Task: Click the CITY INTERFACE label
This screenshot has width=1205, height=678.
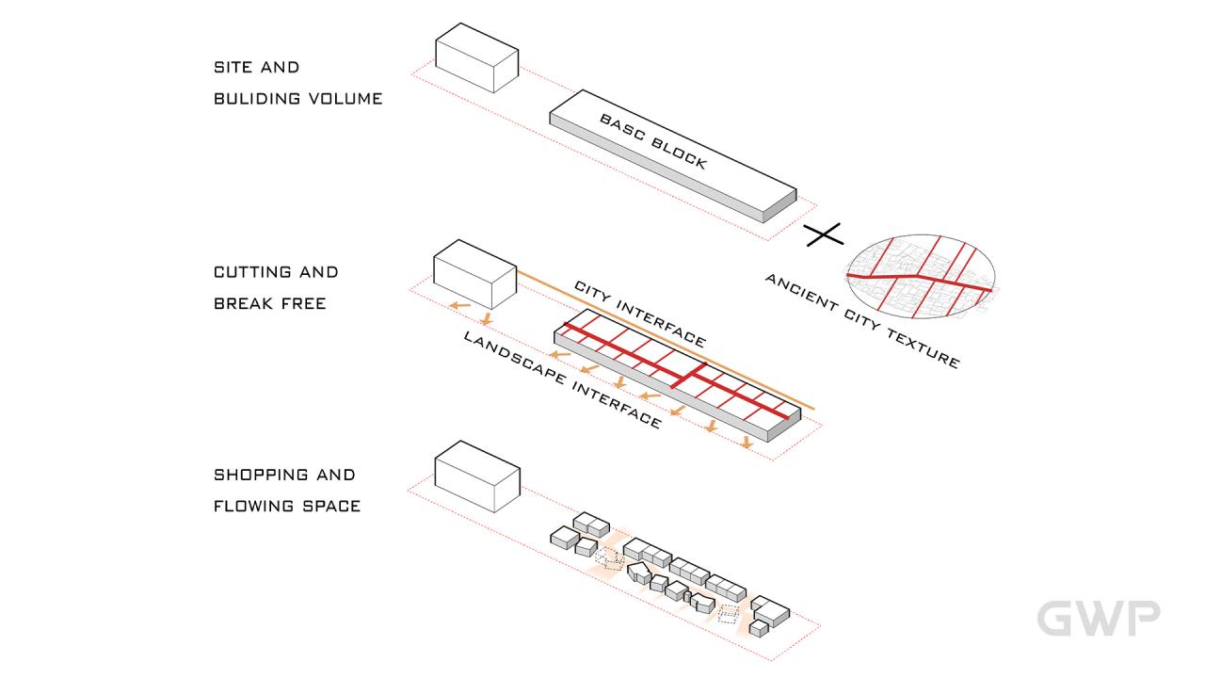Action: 639,313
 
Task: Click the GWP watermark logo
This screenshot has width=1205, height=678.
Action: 1098,618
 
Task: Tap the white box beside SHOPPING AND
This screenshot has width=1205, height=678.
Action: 477,476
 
